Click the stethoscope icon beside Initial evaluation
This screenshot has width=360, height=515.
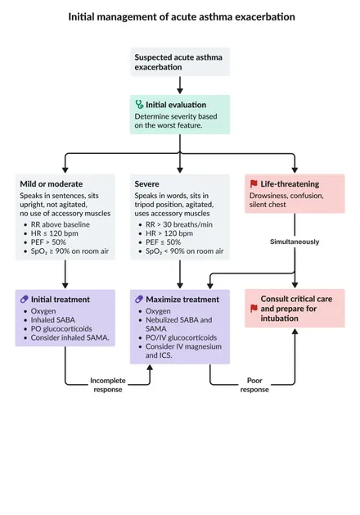(139, 105)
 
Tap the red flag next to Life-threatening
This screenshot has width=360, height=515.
(254, 184)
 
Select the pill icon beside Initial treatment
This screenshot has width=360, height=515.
(25, 299)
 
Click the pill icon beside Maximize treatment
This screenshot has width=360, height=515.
(139, 299)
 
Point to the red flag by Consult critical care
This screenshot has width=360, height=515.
(254, 309)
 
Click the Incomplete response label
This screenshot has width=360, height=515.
(108, 385)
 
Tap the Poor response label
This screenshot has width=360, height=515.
(254, 385)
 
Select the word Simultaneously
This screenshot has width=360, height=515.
(295, 242)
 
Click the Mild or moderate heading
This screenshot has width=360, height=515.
(52, 184)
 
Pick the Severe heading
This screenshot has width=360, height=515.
(146, 184)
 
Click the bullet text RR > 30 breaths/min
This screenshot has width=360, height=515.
(179, 224)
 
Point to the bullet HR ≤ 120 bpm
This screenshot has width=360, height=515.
(55, 233)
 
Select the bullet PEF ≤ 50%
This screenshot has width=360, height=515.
(163, 242)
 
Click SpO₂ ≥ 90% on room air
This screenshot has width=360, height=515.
(70, 251)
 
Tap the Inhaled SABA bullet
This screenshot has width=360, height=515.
(53, 319)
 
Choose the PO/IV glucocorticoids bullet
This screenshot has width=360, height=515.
(181, 337)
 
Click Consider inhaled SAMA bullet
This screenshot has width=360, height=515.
(70, 337)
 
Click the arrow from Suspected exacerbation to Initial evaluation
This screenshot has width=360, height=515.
(180, 85)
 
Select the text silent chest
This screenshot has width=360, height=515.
(268, 205)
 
